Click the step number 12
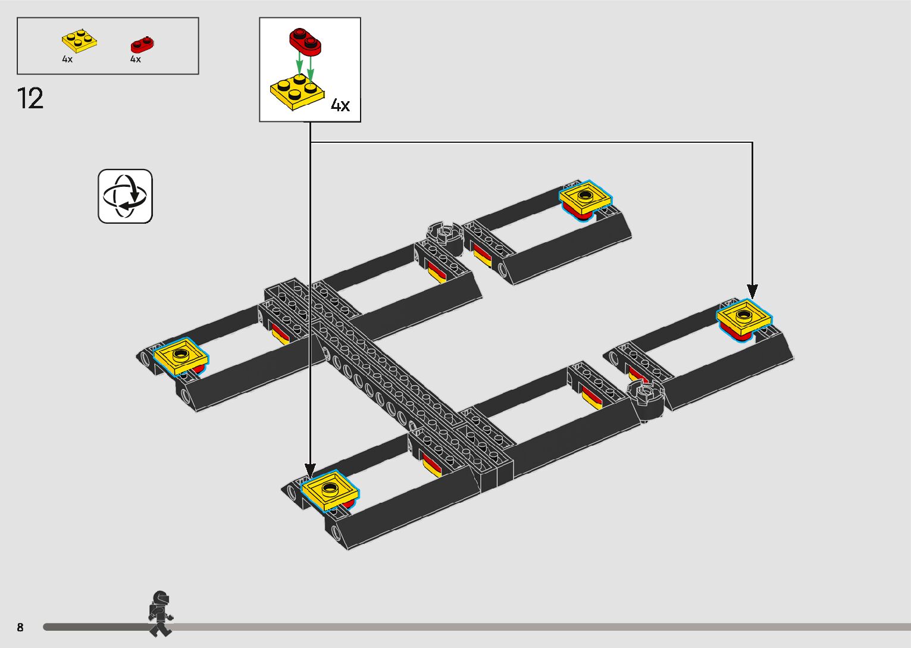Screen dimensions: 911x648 [x=30, y=99]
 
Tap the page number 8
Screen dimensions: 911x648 [x=20, y=627]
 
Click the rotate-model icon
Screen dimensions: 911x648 [x=125, y=196]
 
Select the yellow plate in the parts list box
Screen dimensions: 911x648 [x=79, y=41]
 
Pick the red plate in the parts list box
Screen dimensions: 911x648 [x=142, y=44]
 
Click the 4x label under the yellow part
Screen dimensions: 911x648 [x=67, y=60]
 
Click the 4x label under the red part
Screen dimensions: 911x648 [x=136, y=60]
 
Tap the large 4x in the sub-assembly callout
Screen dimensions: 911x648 [x=340, y=106]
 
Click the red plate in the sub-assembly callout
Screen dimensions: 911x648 [x=305, y=40]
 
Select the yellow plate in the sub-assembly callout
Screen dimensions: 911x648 [x=297, y=92]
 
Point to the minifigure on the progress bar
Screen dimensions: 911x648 [x=160, y=613]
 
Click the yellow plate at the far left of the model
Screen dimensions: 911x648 [x=181, y=356]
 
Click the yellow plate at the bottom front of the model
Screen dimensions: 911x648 [x=330, y=490]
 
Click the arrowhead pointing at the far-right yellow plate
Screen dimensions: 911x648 [x=752, y=292]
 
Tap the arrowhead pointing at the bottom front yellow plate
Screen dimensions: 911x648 [x=310, y=471]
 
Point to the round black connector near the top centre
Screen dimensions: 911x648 [x=444, y=236]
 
